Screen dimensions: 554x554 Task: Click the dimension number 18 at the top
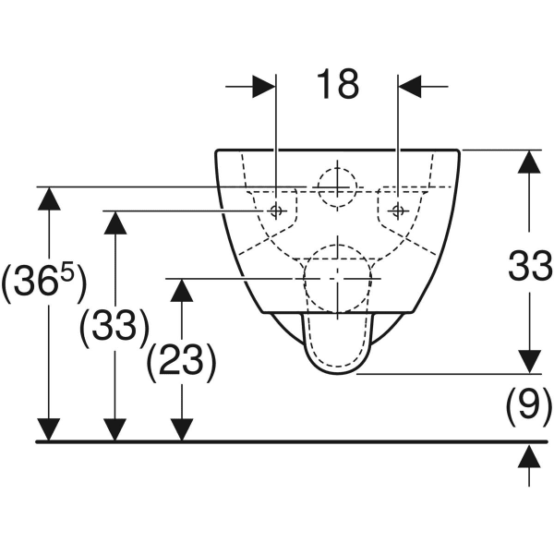[x=338, y=84]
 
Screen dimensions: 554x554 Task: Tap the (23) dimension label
[x=181, y=363]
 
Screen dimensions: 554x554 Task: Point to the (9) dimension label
[x=529, y=406]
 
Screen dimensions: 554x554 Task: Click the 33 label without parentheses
[x=530, y=265]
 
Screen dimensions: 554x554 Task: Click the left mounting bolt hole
[x=276, y=211]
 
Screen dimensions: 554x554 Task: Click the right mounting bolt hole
[x=398, y=211]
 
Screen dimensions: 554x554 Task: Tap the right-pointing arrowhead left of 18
[x=264, y=86]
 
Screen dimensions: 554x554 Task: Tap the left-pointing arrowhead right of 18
[x=410, y=86]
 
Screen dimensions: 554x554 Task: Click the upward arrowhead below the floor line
[x=529, y=456]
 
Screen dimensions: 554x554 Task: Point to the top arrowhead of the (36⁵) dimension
[x=49, y=199]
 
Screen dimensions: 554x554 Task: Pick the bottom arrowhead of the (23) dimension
[x=182, y=429]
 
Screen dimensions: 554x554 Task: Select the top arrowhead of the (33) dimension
[x=115, y=223]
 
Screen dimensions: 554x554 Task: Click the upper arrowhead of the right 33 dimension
[x=529, y=162]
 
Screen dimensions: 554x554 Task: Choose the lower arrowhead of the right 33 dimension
[x=529, y=362]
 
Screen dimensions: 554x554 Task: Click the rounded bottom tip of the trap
[x=338, y=374]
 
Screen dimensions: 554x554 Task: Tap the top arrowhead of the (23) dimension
[x=182, y=290]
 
